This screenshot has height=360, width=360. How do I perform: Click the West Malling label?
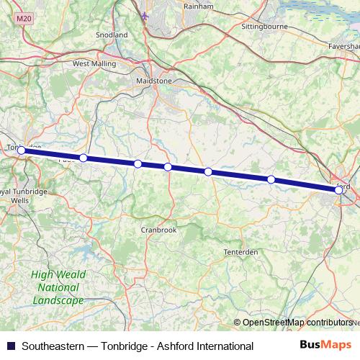90,63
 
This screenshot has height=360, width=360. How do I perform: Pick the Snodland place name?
111,35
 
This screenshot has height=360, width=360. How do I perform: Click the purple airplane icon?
145,16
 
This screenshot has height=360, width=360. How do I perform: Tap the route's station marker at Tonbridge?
22,150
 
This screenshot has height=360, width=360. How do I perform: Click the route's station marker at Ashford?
338,190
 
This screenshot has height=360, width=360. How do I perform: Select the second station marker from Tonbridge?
84,158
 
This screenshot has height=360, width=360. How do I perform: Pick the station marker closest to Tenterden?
271,179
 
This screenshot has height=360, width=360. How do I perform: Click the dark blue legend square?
10,346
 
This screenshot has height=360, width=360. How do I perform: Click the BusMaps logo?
325,345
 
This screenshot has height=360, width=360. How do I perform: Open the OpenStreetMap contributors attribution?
297,323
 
